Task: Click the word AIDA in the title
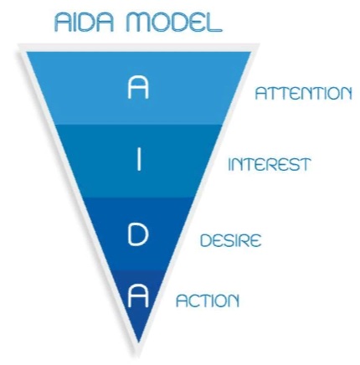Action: coord(85,22)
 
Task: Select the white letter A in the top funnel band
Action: coord(138,88)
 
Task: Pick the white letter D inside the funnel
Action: coord(138,235)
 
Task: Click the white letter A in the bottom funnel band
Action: coord(138,296)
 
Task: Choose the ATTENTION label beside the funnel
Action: coord(303,93)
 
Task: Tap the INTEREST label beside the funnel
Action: coord(269,164)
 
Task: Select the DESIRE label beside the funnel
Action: coord(231,240)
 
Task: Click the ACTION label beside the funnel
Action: coord(208,301)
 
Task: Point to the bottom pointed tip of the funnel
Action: coord(139,342)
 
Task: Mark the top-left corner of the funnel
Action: coord(27,52)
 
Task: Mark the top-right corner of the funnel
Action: coord(251,52)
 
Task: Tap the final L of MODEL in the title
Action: coord(215,23)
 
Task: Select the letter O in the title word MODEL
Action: coord(160,23)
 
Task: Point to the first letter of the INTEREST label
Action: coord(229,165)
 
